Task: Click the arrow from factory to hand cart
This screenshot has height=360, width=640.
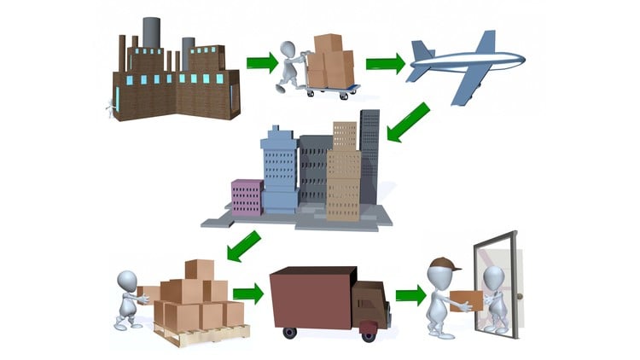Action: pyautogui.click(x=262, y=62)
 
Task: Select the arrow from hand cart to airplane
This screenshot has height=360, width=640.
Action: pyautogui.click(x=385, y=63)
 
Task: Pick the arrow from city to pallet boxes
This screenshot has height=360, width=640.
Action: pyautogui.click(x=244, y=245)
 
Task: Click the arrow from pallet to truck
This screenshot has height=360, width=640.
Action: pyautogui.click(x=248, y=293)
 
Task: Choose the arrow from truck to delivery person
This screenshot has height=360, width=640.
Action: pyautogui.click(x=410, y=296)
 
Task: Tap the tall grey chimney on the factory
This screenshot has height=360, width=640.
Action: pyautogui.click(x=151, y=32)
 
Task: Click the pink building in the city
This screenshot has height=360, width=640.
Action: pyautogui.click(x=247, y=197)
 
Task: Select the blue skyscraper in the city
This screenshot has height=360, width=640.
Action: pyautogui.click(x=279, y=166)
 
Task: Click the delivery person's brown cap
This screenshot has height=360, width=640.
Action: pyautogui.click(x=440, y=264)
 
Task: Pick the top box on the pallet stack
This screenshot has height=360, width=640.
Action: pyautogui.click(x=199, y=270)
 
